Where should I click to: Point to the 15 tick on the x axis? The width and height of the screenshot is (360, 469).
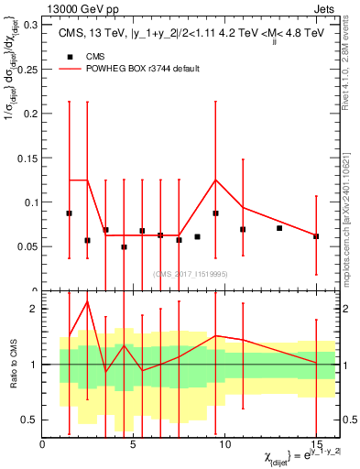(x=316, y=443)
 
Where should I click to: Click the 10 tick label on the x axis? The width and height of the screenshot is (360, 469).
(x=224, y=443)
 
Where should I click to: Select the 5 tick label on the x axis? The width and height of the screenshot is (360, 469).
(x=134, y=443)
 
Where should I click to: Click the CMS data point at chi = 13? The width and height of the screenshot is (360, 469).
(x=279, y=228)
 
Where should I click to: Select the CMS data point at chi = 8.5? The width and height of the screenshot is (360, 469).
(x=197, y=236)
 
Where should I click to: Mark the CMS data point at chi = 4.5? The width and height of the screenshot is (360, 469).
(x=124, y=246)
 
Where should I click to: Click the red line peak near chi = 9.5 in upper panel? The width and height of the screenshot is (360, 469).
(x=215, y=180)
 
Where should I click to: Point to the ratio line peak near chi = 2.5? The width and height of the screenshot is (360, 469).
(x=87, y=301)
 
